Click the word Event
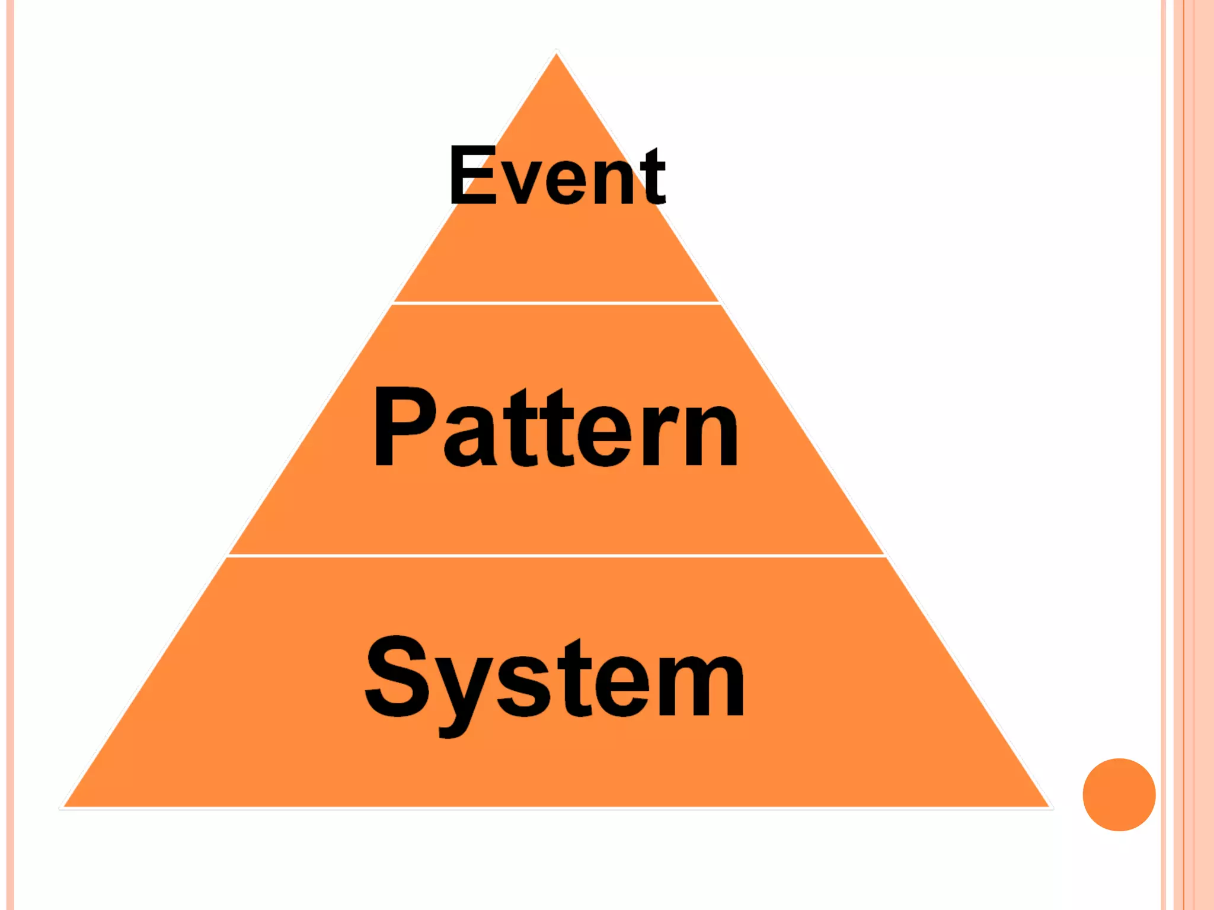coord(557,176)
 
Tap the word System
coord(555,678)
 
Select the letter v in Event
coord(522,184)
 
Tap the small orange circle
coord(1119,794)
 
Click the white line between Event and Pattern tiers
coord(556,303)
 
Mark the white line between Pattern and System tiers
coord(556,556)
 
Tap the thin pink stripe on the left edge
coord(9,455)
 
